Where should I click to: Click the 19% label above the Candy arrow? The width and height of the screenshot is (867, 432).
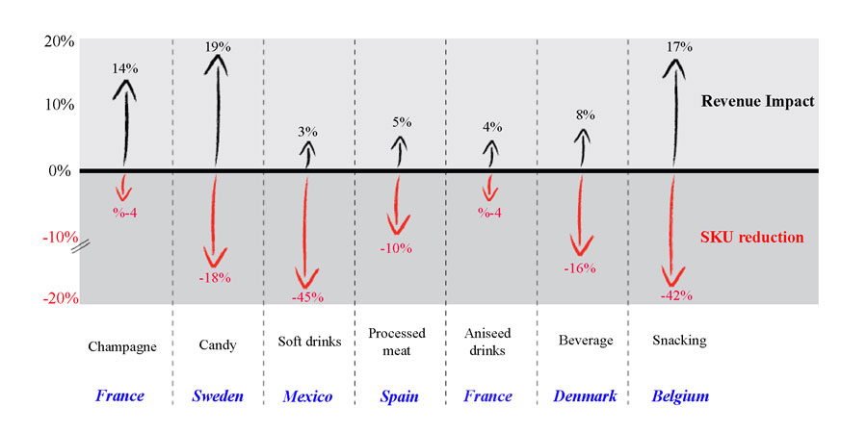click(215, 46)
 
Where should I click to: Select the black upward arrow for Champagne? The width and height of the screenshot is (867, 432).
click(125, 120)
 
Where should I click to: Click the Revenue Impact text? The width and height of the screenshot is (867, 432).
click(757, 101)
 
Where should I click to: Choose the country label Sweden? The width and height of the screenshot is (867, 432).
click(217, 396)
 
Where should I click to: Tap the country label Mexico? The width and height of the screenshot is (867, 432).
click(307, 396)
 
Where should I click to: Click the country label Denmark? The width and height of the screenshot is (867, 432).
click(585, 396)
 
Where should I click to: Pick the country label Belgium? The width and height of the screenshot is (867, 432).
click(680, 396)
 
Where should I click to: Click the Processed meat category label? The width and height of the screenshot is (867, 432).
click(397, 342)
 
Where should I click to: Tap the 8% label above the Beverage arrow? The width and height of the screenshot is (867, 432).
click(584, 114)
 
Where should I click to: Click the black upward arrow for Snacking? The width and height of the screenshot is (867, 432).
click(674, 115)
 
